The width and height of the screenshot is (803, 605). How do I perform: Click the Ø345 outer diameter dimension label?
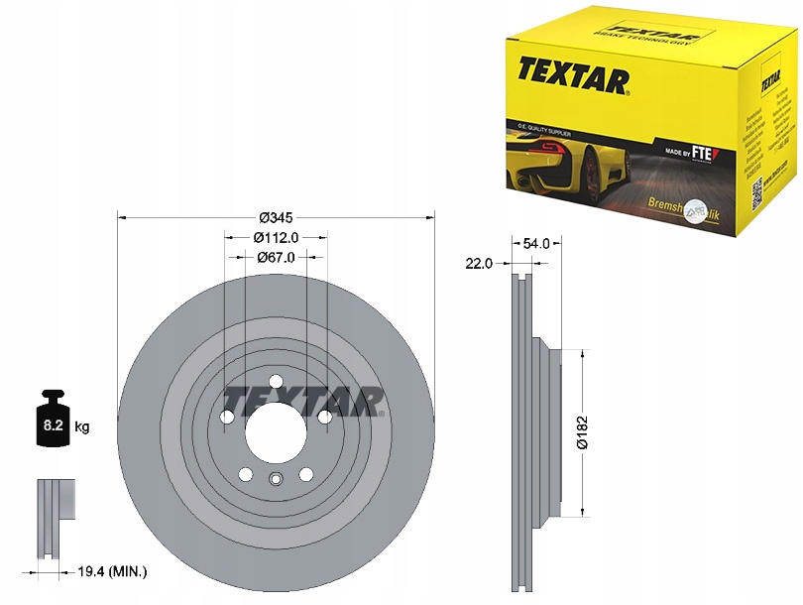(274, 216)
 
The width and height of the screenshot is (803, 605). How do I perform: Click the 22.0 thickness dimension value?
(479, 263)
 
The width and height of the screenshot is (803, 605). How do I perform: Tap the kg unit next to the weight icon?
(82, 427)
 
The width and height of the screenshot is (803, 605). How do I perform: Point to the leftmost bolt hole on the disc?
(227, 419)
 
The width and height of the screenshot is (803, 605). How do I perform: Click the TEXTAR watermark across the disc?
(302, 399)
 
